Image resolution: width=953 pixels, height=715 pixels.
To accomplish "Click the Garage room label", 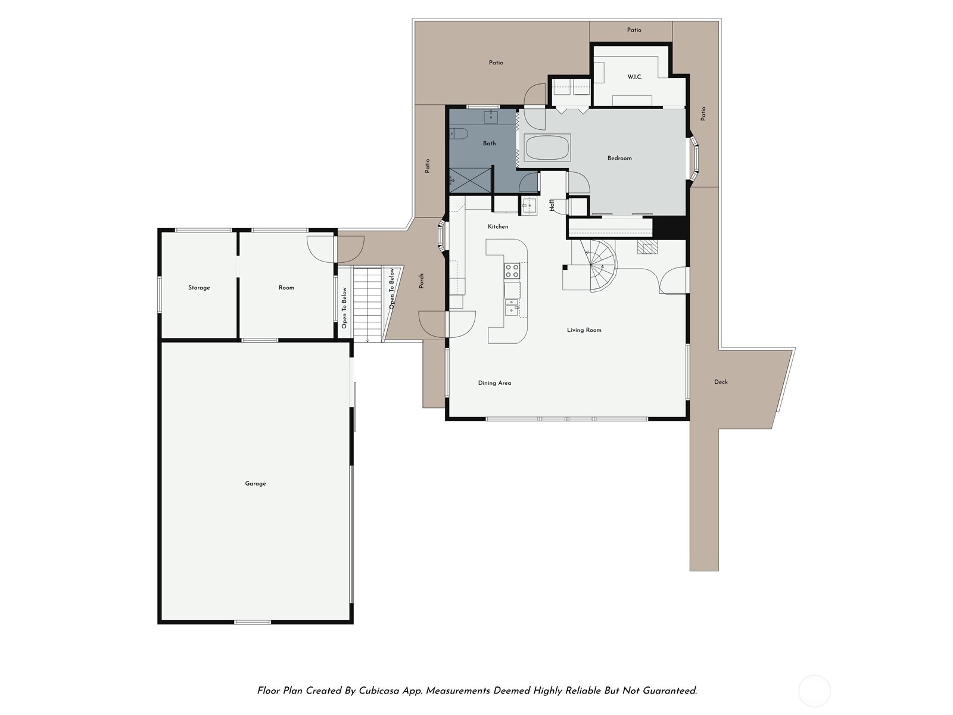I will point(255,483).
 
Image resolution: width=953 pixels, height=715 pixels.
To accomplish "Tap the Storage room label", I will point(199,288).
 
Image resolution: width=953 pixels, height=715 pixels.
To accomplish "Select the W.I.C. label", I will point(634,77).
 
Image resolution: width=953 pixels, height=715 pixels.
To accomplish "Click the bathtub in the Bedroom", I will point(547,147).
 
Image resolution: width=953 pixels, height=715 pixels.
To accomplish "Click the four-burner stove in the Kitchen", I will point(512,271).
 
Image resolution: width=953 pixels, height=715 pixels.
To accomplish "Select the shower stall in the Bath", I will point(471,180).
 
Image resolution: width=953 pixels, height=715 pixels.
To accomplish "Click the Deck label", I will point(721,382).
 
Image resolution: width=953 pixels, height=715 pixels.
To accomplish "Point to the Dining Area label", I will point(494,383).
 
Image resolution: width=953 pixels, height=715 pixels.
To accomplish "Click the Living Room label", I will point(584,330).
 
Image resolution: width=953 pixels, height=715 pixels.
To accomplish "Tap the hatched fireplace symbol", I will point(647,247).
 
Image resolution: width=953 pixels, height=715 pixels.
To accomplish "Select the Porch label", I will point(421,281).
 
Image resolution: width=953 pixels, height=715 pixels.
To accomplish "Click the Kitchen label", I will point(498,226).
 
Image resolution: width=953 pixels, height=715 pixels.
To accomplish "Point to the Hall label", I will point(552,205).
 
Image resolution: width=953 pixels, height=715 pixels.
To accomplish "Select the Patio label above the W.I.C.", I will point(634,30).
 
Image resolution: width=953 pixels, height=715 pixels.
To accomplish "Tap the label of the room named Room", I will point(286,288).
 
